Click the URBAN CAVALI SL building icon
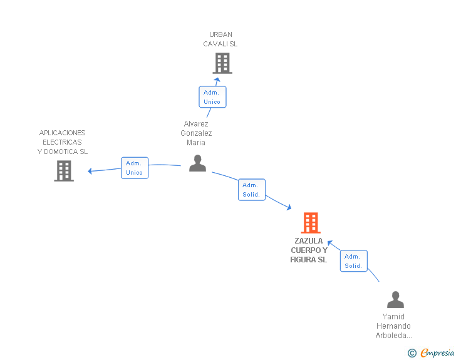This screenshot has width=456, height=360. pyautogui.click(x=222, y=63)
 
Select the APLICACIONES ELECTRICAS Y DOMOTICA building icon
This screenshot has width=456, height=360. pyautogui.click(x=64, y=171)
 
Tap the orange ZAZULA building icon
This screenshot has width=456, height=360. pyautogui.click(x=311, y=223)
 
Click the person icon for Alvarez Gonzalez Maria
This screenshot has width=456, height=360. pyautogui.click(x=197, y=163)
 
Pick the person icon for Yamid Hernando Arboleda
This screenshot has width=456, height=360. pyautogui.click(x=395, y=299)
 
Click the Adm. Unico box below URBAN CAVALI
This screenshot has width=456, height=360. pyautogui.click(x=212, y=97)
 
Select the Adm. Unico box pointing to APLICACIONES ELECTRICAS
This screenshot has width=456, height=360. pyautogui.click(x=135, y=168)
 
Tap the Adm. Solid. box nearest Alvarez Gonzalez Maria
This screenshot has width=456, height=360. pyautogui.click(x=252, y=190)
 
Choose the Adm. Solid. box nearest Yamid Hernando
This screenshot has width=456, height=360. pyautogui.click(x=354, y=261)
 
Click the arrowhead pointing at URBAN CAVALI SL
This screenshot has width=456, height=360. pyautogui.click(x=217, y=80)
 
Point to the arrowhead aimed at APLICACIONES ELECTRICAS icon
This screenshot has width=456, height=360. pyautogui.click(x=90, y=171)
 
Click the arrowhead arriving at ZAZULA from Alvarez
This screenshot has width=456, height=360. pyautogui.click(x=289, y=207)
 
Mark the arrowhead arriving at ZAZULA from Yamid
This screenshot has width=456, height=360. pyautogui.click(x=329, y=243)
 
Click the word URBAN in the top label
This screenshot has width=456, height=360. pyautogui.click(x=220, y=34)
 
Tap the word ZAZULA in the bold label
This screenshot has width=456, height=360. pyautogui.click(x=309, y=241)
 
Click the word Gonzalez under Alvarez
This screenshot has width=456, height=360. pyautogui.click(x=196, y=133)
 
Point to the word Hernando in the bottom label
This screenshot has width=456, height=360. pyautogui.click(x=393, y=326)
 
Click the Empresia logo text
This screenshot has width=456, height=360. pyautogui.click(x=437, y=352)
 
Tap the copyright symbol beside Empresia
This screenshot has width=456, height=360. pyautogui.click(x=412, y=353)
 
